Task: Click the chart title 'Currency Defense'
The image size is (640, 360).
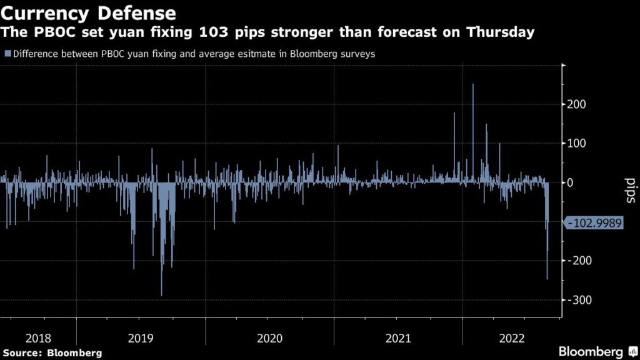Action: (x=88, y=13)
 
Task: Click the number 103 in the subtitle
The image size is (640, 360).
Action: (x=214, y=32)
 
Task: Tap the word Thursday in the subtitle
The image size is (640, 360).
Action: (x=501, y=32)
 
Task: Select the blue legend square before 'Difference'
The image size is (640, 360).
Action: (x=7, y=54)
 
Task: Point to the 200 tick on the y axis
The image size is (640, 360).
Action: (x=576, y=104)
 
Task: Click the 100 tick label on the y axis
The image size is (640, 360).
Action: (x=576, y=143)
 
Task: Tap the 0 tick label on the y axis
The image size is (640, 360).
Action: (x=570, y=182)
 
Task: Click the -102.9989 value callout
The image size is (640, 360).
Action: (x=593, y=223)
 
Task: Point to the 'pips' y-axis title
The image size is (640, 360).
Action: (x=631, y=191)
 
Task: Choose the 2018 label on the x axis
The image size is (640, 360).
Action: (x=38, y=338)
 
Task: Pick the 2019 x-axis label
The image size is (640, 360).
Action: (x=141, y=338)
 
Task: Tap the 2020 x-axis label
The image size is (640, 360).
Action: (x=270, y=338)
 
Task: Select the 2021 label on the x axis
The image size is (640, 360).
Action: (x=398, y=338)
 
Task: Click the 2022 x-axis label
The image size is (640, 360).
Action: (x=512, y=338)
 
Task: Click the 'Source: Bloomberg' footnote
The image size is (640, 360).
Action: (x=52, y=353)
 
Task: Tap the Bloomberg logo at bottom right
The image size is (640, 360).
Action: (x=598, y=351)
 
